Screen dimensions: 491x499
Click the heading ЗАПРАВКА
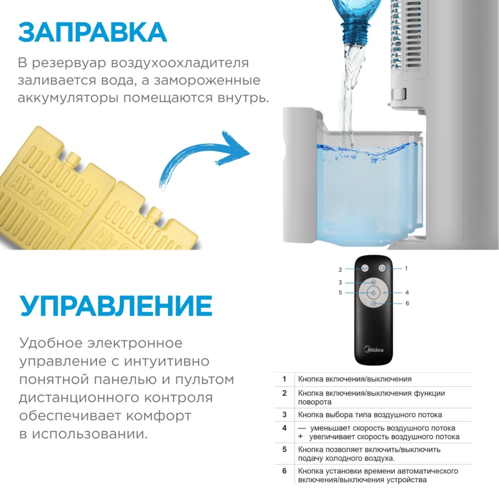click(92, 32)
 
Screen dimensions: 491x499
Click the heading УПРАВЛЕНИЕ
click(116, 306)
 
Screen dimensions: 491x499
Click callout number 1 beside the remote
click(406, 268)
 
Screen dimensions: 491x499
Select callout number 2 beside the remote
click(340, 270)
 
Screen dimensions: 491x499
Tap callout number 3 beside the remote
click(340, 282)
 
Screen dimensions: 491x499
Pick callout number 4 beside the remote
click(407, 292)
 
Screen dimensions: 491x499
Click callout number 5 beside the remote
click(340, 292)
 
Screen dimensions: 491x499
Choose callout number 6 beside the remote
click(407, 303)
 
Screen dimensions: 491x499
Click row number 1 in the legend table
click(284, 379)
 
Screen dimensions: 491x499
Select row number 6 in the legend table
click(284, 471)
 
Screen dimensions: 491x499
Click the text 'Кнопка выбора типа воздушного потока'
click(370, 415)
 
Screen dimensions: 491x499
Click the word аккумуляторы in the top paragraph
click(68, 98)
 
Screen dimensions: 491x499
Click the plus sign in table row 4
click(300, 436)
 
